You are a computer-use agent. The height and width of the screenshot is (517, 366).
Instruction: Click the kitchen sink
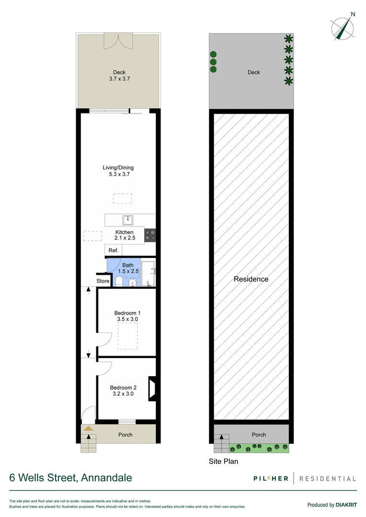(x=127, y=220)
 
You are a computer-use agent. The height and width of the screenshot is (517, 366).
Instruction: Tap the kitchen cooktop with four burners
(x=150, y=234)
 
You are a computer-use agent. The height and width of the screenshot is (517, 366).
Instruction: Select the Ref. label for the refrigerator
(x=113, y=250)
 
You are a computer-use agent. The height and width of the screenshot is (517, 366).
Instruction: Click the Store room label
(x=103, y=281)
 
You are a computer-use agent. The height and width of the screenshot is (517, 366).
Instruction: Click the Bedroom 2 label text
(x=123, y=388)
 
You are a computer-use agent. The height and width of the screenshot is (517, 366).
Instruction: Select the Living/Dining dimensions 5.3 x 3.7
(x=118, y=175)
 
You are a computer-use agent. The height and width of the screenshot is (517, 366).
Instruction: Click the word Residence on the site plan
(x=251, y=279)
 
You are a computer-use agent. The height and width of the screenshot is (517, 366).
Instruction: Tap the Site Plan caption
(x=224, y=462)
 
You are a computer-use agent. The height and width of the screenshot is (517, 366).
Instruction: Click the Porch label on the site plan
(x=259, y=435)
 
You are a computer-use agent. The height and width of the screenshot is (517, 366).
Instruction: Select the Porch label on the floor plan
(x=125, y=435)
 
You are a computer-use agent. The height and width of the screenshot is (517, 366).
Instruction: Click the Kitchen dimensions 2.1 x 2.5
(x=124, y=238)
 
